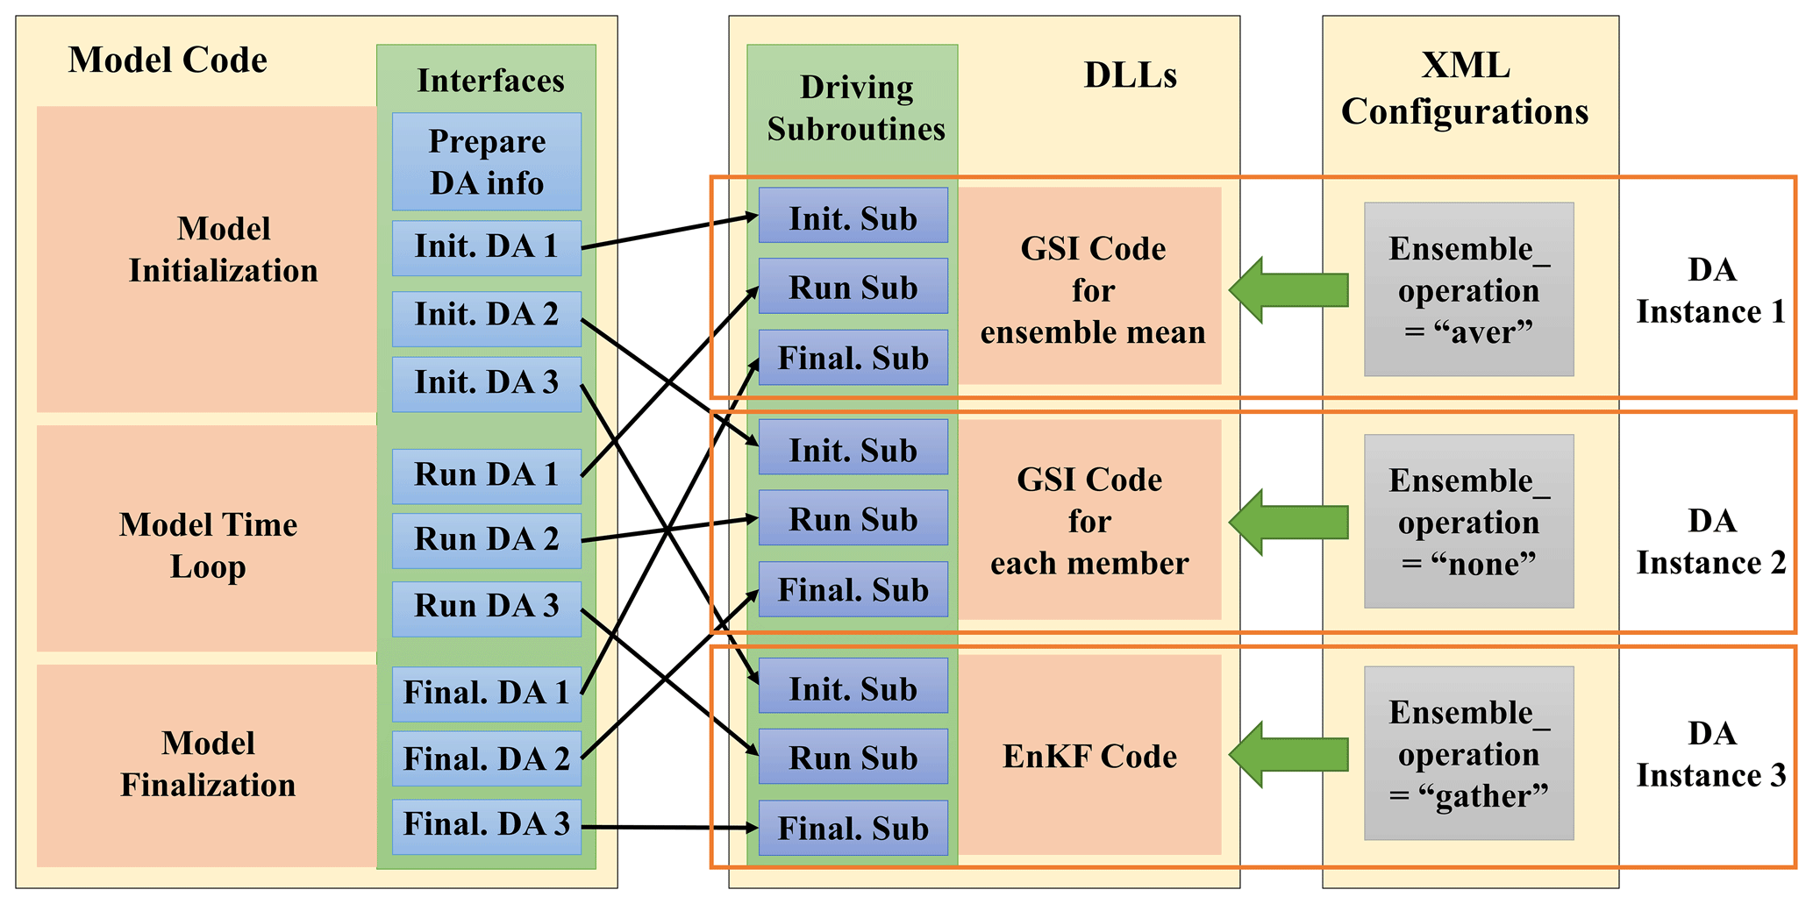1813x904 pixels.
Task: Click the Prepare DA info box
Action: (x=486, y=161)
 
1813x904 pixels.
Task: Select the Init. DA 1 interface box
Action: (x=486, y=247)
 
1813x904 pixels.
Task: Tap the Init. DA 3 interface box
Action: (x=486, y=383)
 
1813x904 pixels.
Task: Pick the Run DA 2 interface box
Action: (x=486, y=539)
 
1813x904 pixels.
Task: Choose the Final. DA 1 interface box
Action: (x=486, y=693)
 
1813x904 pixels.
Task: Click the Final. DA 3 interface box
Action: (x=486, y=825)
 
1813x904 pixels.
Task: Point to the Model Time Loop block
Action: (x=207, y=545)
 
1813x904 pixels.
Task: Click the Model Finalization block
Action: (x=207, y=764)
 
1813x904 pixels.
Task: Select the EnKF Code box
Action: (x=1089, y=756)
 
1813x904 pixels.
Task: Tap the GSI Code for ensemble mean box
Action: (x=1092, y=289)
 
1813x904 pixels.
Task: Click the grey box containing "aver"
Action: (x=1468, y=289)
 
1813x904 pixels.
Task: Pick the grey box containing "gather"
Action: (x=1468, y=753)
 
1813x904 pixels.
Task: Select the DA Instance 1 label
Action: (x=1710, y=290)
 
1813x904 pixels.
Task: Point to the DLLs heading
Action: (x=1130, y=75)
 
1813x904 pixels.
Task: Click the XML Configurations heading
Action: (x=1465, y=89)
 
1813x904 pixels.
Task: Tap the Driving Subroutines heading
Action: (x=855, y=108)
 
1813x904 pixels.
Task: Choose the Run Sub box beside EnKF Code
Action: (x=853, y=757)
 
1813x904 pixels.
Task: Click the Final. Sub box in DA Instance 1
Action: (x=853, y=358)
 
